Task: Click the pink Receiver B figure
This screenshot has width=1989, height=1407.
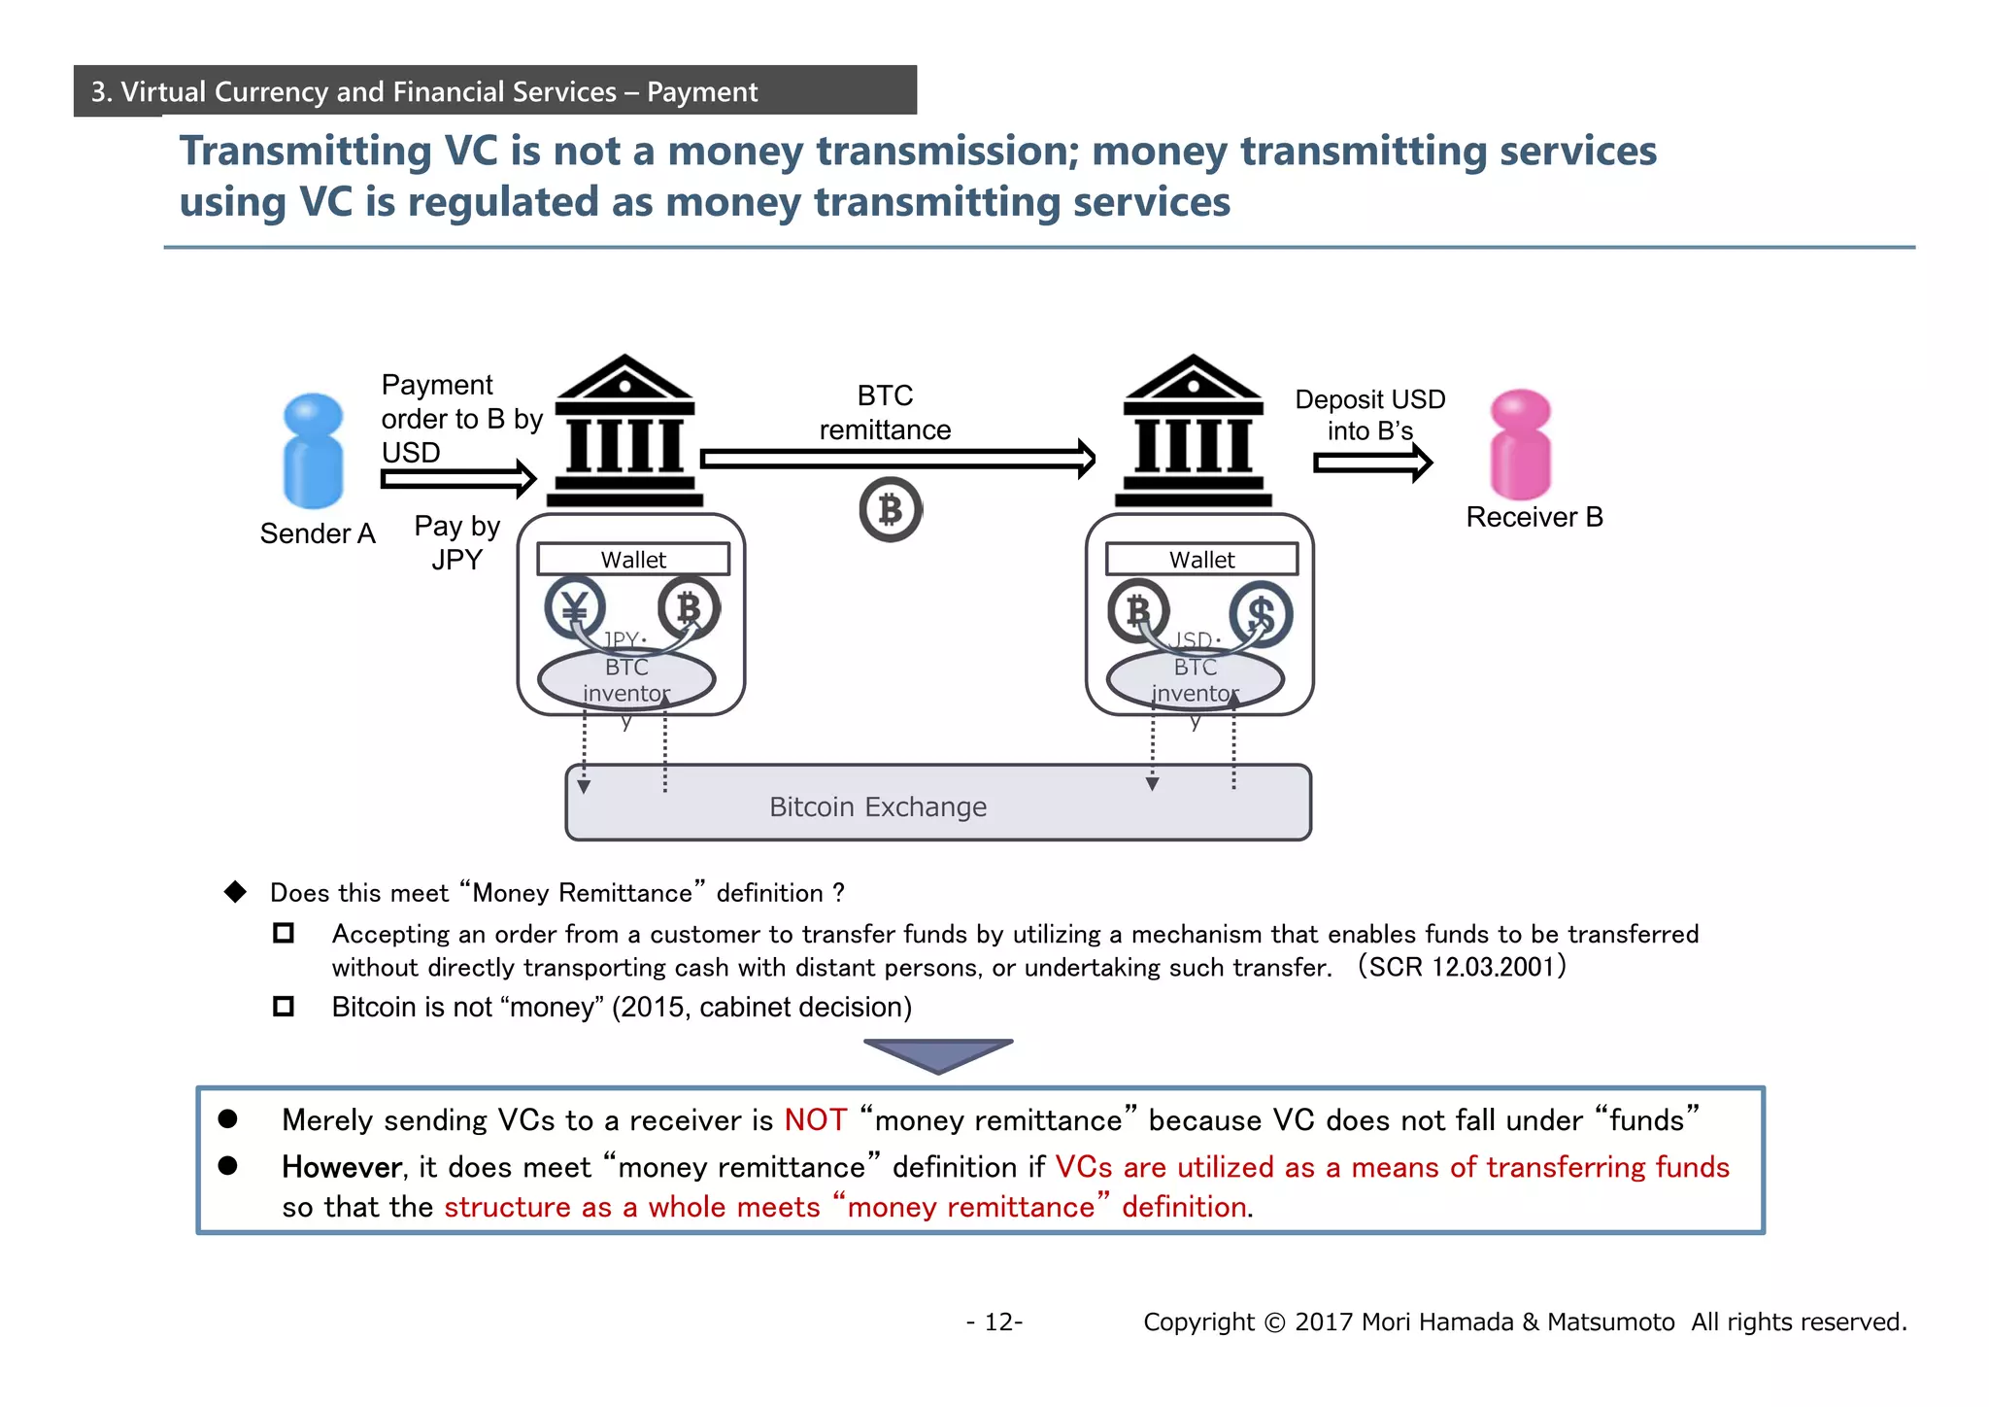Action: pyautogui.click(x=1520, y=444)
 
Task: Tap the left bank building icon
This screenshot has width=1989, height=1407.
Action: pyautogui.click(x=625, y=431)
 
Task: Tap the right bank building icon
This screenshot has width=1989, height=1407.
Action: pyautogui.click(x=1194, y=431)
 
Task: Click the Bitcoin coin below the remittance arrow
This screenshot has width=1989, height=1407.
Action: pyautogui.click(x=890, y=509)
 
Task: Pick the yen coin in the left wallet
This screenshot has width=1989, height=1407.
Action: pyautogui.click(x=575, y=608)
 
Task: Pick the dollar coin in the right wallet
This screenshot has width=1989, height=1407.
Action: pyautogui.click(x=1261, y=614)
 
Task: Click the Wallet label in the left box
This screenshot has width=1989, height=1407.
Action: pyautogui.click(x=633, y=560)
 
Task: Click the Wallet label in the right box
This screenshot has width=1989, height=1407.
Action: pyautogui.click(x=1201, y=560)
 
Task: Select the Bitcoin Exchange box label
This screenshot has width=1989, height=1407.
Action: pyautogui.click(x=878, y=806)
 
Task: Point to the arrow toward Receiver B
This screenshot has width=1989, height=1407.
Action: pyautogui.click(x=1372, y=463)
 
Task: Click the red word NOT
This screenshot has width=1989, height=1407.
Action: pyautogui.click(x=816, y=1120)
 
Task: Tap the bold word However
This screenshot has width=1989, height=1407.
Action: pyautogui.click(x=342, y=1167)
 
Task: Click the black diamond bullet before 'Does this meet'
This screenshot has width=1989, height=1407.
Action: pyautogui.click(x=235, y=892)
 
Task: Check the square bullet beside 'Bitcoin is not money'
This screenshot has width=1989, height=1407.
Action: pyautogui.click(x=284, y=1006)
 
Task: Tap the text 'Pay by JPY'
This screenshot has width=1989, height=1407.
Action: pyautogui.click(x=456, y=542)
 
